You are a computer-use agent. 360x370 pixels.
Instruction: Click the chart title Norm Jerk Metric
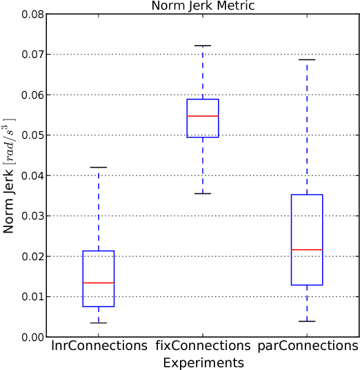pyautogui.click(x=203, y=6)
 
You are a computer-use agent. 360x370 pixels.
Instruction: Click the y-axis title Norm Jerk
pyautogui.click(x=10, y=175)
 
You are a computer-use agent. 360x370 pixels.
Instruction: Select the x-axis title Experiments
pyautogui.click(x=203, y=362)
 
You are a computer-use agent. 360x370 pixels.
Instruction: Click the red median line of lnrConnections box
pyautogui.click(x=99, y=283)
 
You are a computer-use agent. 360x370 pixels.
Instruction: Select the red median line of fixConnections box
pyautogui.click(x=203, y=116)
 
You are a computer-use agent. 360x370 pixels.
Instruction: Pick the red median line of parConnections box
pyautogui.click(x=307, y=249)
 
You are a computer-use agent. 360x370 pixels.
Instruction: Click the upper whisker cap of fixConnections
pyautogui.click(x=203, y=46)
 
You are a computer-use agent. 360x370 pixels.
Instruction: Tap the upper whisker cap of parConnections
pyautogui.click(x=307, y=59)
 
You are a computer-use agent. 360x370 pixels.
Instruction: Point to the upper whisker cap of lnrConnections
pyautogui.click(x=99, y=167)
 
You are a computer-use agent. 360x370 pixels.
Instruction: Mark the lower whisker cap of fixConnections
pyautogui.click(x=203, y=193)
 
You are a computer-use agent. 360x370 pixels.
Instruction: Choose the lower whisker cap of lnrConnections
pyautogui.click(x=99, y=322)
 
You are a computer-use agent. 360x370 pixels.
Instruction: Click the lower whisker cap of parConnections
pyautogui.click(x=307, y=321)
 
